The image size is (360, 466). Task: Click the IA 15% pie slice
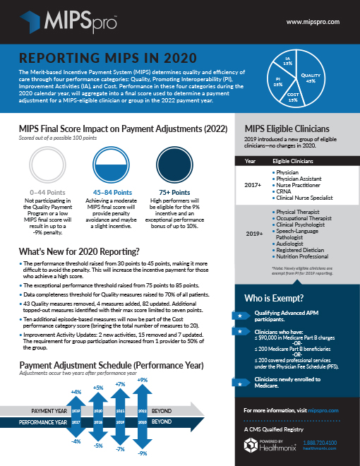(x=287, y=61)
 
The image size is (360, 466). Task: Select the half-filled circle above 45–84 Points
(x=112, y=165)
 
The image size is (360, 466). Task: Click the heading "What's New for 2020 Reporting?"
(x=78, y=252)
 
